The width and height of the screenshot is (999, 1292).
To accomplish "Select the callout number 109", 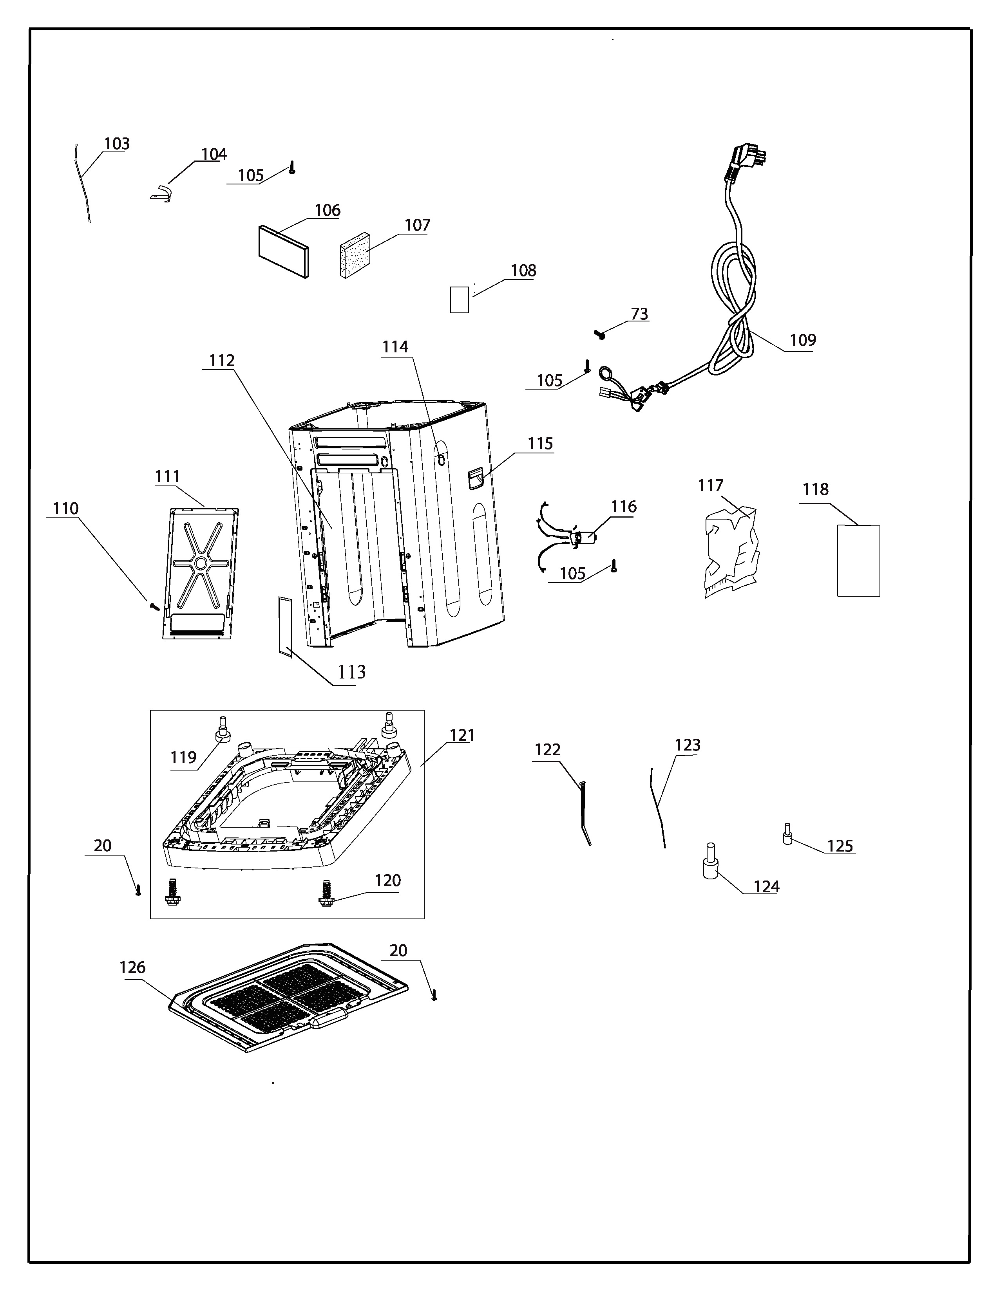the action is (x=802, y=340).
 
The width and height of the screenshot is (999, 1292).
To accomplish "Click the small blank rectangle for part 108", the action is (x=459, y=300).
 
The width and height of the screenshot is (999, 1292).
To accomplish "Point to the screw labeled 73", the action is (x=599, y=334).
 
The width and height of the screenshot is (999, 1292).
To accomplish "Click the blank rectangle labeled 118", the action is (x=858, y=561).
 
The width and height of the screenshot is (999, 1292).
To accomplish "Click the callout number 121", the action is (x=462, y=735).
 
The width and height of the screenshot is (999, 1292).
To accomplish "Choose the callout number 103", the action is (x=117, y=144).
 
